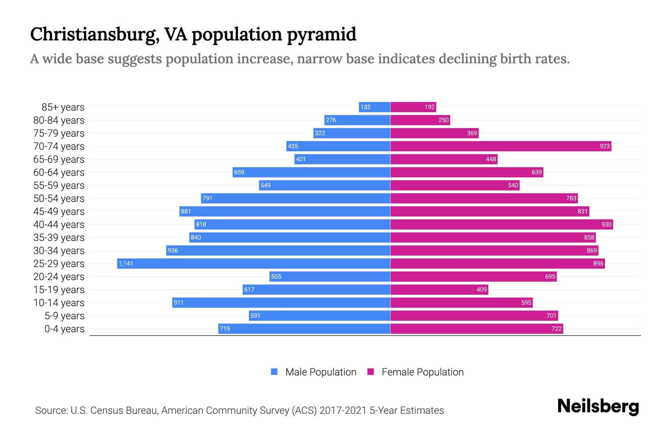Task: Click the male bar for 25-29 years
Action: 253,263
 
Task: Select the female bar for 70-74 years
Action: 501,146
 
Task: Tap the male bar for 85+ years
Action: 374,107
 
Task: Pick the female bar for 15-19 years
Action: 439,289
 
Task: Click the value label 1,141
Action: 126,264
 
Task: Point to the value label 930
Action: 606,224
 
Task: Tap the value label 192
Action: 429,107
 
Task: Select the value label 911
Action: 179,302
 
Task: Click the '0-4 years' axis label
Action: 64,329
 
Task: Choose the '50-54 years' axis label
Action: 59,199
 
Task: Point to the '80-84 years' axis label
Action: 59,120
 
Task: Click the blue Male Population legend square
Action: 274,372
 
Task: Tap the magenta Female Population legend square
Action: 371,372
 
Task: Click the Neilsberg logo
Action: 598,406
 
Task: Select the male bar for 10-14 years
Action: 281,302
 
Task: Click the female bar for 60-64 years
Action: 467,172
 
